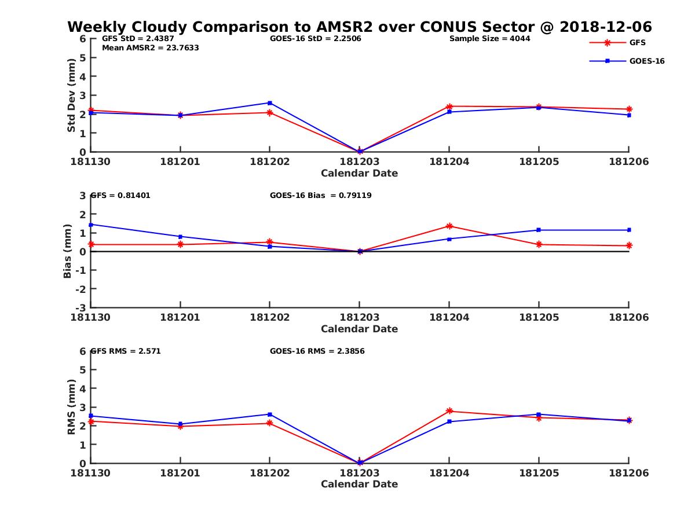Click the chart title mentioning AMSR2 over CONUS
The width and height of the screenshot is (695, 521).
[359, 27]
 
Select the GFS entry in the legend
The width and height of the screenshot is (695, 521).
[637, 42]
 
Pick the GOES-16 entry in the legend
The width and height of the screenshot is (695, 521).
[646, 61]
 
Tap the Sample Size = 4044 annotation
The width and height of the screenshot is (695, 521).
[489, 39]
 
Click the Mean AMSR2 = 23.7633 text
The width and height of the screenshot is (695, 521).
[150, 48]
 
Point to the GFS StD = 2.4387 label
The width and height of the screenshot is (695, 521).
[137, 39]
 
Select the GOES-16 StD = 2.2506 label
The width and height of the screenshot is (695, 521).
[312, 39]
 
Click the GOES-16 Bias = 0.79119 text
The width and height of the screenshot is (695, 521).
[320, 195]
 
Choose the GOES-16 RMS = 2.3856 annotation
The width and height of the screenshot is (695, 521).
[317, 351]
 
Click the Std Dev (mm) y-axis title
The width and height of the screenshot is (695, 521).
[71, 95]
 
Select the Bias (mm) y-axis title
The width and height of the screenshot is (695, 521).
[68, 251]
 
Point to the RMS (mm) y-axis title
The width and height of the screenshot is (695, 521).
[71, 407]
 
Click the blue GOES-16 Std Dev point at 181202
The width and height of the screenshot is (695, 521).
[270, 103]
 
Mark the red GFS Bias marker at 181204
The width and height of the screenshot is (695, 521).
[449, 226]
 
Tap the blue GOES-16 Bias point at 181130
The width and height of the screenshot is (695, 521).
[91, 225]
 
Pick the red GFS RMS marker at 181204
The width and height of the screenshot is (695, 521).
[449, 411]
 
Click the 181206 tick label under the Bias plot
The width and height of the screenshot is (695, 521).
[628, 317]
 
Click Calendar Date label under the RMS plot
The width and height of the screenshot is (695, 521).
[359, 484]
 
